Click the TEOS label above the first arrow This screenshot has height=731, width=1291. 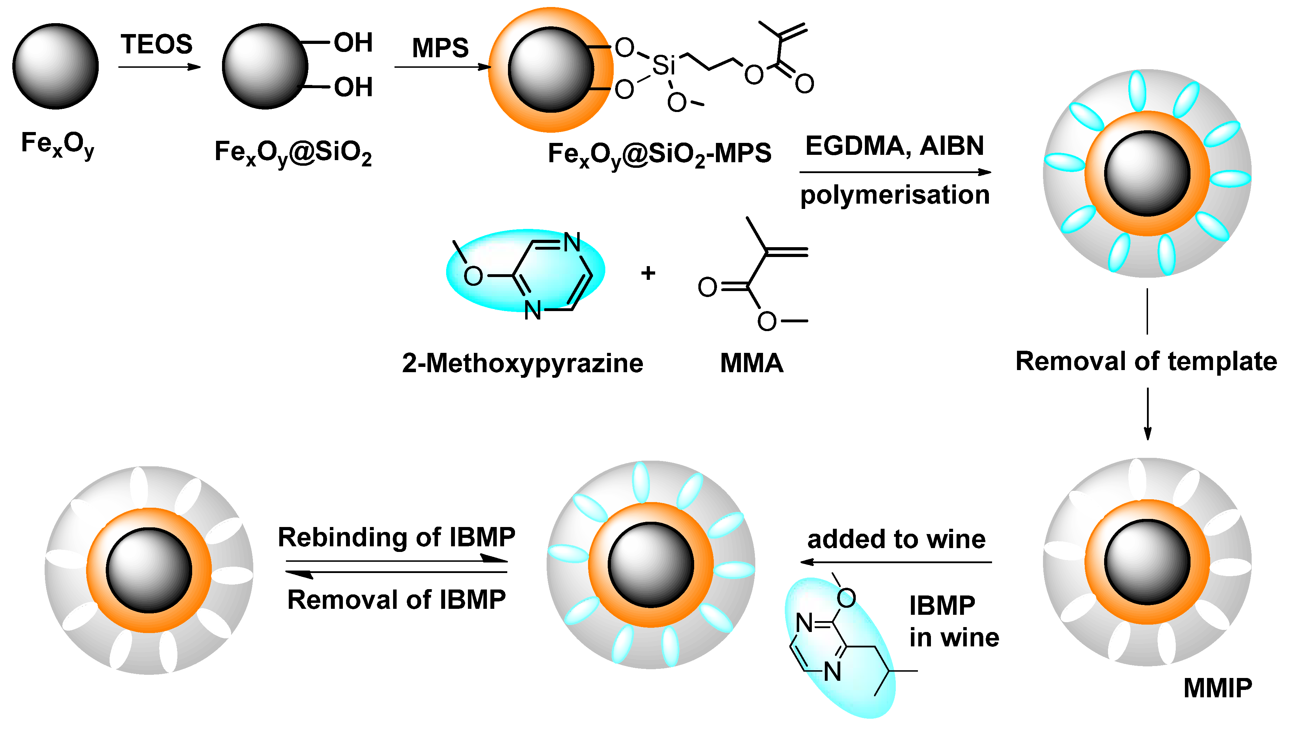pos(156,45)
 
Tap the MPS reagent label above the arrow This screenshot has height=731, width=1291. pos(440,48)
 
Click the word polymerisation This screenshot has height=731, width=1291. pos(895,195)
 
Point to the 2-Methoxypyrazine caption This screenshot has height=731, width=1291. pos(522,363)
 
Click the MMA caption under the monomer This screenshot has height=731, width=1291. pos(751,363)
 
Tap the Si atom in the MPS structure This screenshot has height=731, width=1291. pos(663,66)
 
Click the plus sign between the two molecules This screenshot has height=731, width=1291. pos(648,273)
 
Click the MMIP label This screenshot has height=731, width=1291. pos(1218,688)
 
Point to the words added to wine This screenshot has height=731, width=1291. pos(896,539)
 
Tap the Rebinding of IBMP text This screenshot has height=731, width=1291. pos(396,537)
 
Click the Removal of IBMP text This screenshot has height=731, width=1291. pos(396,599)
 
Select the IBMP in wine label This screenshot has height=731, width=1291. pos(953,621)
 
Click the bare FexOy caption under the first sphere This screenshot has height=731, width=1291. pos(57,144)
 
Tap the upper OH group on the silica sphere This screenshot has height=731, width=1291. pos(353,43)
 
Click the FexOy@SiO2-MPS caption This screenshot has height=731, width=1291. pos(659,154)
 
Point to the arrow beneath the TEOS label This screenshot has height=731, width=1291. pos(159,67)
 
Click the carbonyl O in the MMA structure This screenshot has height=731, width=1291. pos(707,287)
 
